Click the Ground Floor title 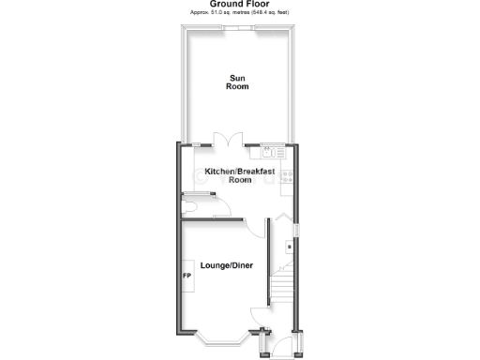coord(239,4)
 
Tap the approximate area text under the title coord(239,13)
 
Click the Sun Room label coord(238,82)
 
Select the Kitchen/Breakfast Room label coord(240,175)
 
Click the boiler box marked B coord(289,247)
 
